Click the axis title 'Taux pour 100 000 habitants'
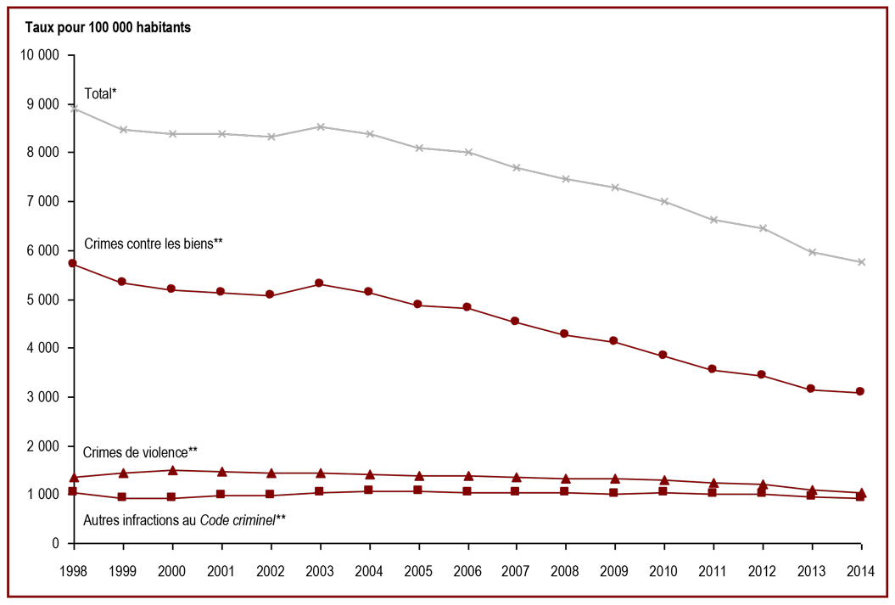coord(108,27)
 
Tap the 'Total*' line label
coord(100,93)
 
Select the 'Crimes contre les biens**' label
coord(153,244)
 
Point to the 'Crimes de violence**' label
coord(140,452)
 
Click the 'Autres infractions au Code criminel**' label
coord(184,520)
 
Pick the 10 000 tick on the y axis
coord(39,55)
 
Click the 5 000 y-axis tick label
coord(43,300)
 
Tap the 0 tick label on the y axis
coord(55,543)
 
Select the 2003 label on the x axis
coord(320,571)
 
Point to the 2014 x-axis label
coord(861,571)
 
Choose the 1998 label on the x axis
coord(74,571)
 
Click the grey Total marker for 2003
coord(321,126)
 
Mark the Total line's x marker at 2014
coord(861,262)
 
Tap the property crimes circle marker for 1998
coord(72,263)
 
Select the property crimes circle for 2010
coord(663,355)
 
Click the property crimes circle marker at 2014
coord(860,391)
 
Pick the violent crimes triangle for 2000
coord(172,470)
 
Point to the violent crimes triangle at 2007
coord(516,477)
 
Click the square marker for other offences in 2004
coord(368,490)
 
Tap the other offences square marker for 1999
coord(121,497)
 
